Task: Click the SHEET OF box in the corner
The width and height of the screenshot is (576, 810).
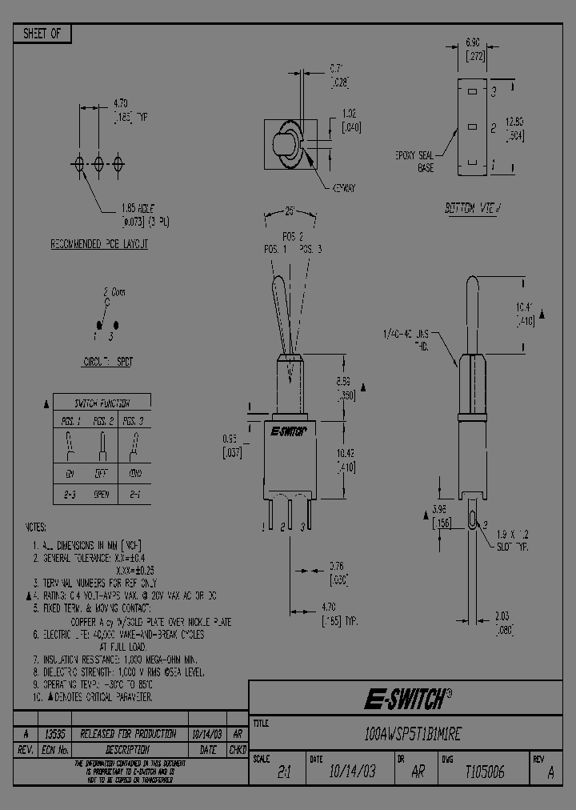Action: [42, 34]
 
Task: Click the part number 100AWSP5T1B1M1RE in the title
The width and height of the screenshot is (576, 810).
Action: [411, 733]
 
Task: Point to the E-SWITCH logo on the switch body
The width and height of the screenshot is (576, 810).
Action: [286, 431]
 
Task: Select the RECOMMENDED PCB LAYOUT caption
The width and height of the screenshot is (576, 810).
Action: [99, 243]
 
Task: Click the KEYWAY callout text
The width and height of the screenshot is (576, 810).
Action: [342, 187]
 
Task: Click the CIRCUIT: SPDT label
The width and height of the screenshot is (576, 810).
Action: [108, 362]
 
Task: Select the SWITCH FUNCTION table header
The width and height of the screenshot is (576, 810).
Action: [102, 403]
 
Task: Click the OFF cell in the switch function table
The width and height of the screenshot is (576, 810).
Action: [102, 473]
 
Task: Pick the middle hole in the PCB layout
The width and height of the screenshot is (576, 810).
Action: [98, 164]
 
